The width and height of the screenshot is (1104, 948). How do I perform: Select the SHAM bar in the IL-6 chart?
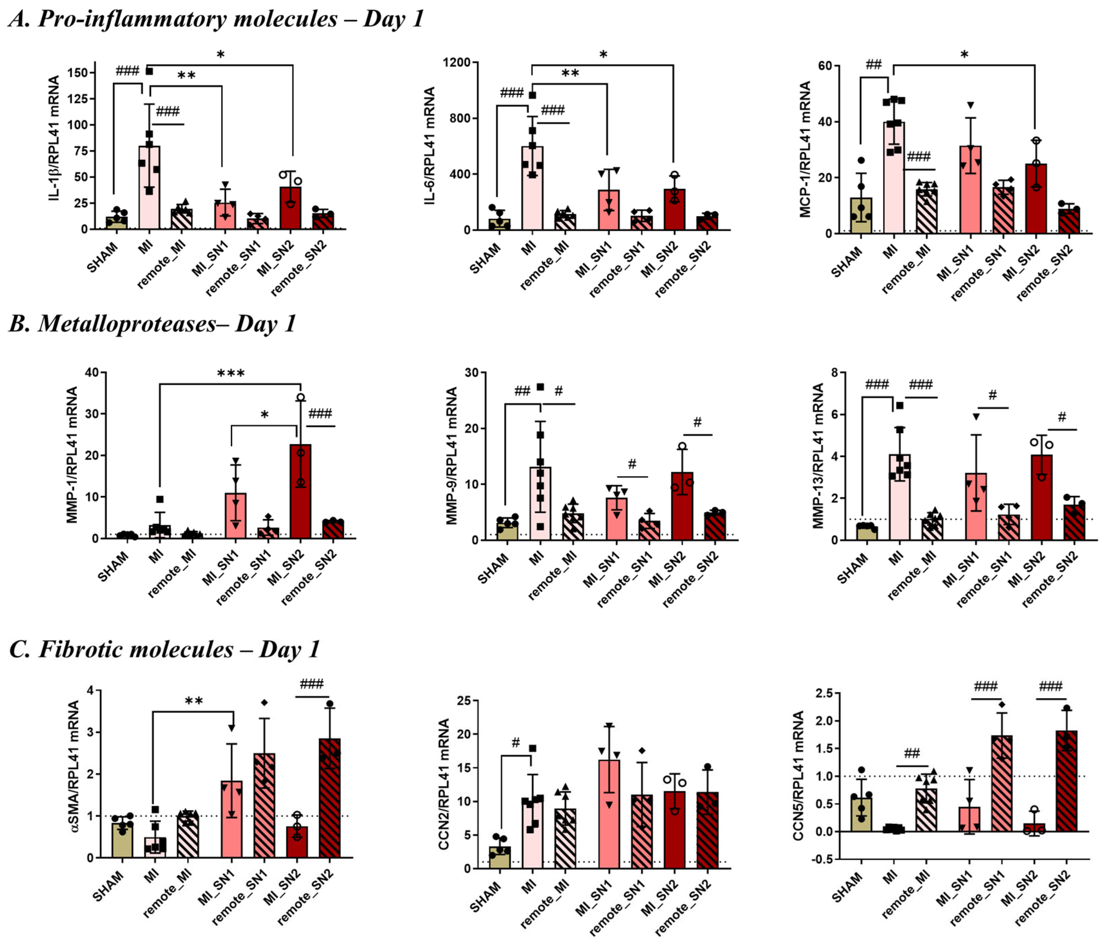499,224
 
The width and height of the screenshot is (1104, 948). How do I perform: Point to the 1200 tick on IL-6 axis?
457,63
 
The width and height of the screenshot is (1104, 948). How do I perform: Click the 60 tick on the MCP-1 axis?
825,66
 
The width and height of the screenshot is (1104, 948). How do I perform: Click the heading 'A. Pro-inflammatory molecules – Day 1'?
216,19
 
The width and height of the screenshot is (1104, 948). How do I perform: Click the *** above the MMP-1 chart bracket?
231,373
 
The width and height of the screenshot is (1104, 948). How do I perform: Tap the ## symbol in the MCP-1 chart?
874,65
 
